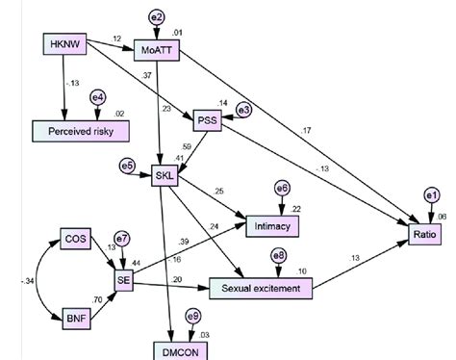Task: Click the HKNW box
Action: [x=64, y=43]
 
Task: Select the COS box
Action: [x=75, y=237]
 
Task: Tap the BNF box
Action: [x=75, y=316]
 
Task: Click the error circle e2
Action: [x=158, y=15]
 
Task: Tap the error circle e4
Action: [x=97, y=98]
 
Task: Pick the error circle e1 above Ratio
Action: [x=429, y=196]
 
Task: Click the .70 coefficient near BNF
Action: [x=99, y=300]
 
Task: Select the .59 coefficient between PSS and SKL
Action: [x=187, y=146]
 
